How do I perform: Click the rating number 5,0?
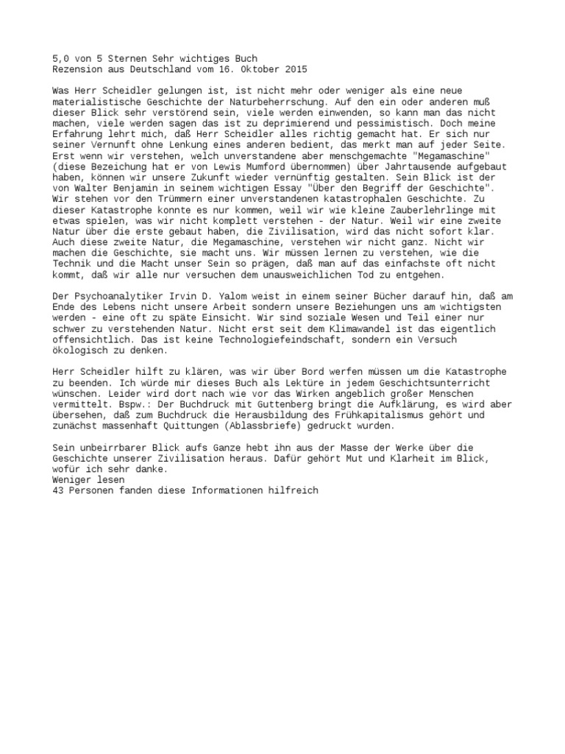click(x=63, y=58)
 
